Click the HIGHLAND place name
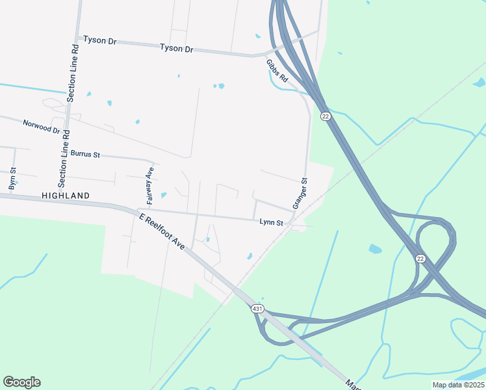(65, 195)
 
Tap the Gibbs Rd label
(277, 71)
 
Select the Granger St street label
(300, 193)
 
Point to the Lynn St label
(272, 222)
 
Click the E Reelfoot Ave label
(161, 230)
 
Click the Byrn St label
(12, 179)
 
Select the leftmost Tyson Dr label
(99, 40)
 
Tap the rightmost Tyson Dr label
(177, 48)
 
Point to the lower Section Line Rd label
(64, 155)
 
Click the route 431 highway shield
(257, 309)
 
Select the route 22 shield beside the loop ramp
(420, 259)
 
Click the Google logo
(21, 382)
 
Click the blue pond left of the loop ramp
(375, 248)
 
